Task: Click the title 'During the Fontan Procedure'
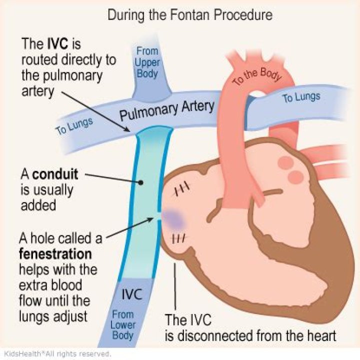point(190,15)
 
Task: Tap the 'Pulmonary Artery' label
point(167,111)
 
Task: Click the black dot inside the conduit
point(142,183)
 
